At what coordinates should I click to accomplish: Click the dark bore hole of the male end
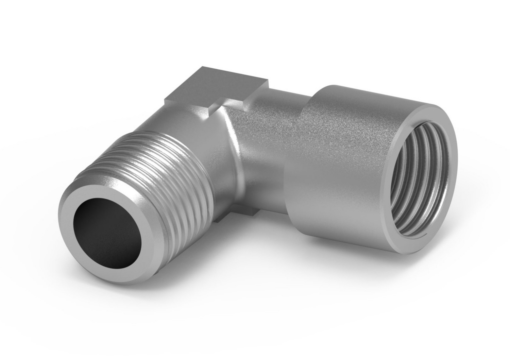click(108, 233)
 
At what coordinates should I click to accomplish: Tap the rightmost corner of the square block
click(268, 82)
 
